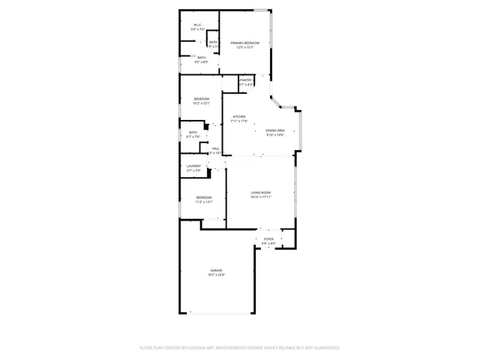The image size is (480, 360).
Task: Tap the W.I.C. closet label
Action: pyautogui.click(x=197, y=25)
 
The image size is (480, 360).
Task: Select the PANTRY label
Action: pyautogui.click(x=245, y=79)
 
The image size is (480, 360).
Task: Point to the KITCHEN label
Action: pyautogui.click(x=238, y=117)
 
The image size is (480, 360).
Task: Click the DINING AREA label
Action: pyautogui.click(x=274, y=130)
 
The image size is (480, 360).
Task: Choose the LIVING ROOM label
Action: pyautogui.click(x=260, y=193)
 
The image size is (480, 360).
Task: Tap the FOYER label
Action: pyautogui.click(x=268, y=238)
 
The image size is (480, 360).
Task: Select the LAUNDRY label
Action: pyautogui.click(x=193, y=166)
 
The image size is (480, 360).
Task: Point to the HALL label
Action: pyautogui.click(x=215, y=148)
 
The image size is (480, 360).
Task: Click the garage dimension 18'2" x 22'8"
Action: pyautogui.click(x=216, y=275)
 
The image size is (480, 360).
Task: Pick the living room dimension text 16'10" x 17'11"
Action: pyautogui.click(x=260, y=198)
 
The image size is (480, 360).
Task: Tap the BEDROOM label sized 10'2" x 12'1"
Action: pyautogui.click(x=201, y=99)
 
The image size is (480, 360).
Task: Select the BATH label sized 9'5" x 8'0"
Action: pyautogui.click(x=201, y=57)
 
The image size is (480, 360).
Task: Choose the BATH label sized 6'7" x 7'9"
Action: pyautogui.click(x=193, y=132)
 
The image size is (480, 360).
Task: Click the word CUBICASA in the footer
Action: pyautogui.click(x=199, y=347)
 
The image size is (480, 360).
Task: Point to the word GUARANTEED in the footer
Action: pyautogui.click(x=324, y=347)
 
